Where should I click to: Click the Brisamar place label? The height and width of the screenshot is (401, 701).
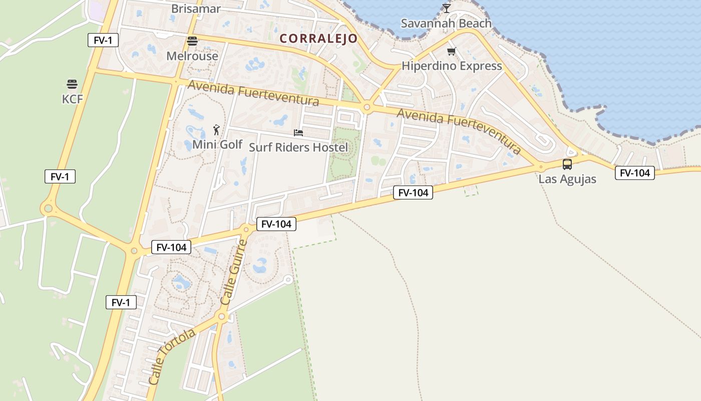(195, 9)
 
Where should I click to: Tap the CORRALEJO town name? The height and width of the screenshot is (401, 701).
(318, 39)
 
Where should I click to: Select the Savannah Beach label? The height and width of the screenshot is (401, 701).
(446, 24)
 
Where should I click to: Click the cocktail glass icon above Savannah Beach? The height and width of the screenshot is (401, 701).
(447, 8)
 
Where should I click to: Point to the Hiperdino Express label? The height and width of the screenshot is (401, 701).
(452, 66)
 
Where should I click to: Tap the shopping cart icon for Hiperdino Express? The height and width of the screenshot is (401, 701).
(452, 51)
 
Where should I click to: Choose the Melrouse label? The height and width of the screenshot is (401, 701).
(192, 56)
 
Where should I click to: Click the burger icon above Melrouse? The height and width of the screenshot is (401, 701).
(192, 41)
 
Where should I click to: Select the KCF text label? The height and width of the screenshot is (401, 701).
(72, 99)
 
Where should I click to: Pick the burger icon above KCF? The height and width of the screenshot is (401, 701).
(72, 84)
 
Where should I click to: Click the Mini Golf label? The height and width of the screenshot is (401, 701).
(217, 145)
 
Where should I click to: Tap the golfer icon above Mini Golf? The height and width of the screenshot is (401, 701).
(216, 130)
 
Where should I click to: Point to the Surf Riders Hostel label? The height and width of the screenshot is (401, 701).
(298, 147)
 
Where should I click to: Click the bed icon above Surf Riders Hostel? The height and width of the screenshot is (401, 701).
(298, 133)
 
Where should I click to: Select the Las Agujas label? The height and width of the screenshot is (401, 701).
(567, 179)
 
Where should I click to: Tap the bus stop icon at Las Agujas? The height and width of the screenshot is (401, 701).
(567, 164)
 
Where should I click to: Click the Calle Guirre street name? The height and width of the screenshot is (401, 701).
(234, 273)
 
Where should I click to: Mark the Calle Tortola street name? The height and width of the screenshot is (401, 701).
(172, 356)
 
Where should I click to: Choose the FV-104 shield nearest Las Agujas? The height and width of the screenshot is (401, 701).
(635, 173)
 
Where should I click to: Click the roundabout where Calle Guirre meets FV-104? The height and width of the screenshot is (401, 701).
(246, 230)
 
